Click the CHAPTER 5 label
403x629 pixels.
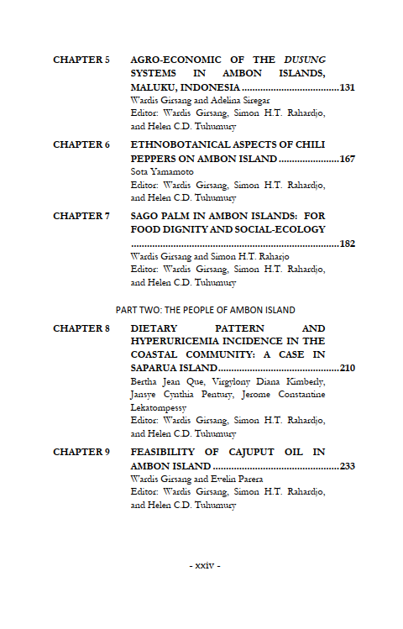[81, 60]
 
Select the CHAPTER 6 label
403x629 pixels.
[81, 144]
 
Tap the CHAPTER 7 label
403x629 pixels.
[81, 216]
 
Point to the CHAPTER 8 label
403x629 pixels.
[81, 328]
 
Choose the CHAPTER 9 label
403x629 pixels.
[81, 452]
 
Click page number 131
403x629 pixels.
[348, 87]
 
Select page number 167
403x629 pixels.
[348, 159]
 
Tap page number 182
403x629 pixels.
[348, 244]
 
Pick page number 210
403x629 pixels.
[348, 369]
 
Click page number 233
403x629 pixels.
[348, 466]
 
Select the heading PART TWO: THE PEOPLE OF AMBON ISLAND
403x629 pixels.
[206, 310]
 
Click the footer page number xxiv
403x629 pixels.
[205, 565]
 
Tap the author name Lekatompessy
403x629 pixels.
[160, 406]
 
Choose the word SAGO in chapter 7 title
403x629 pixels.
[145, 216]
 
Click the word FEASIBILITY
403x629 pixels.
[164, 452]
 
